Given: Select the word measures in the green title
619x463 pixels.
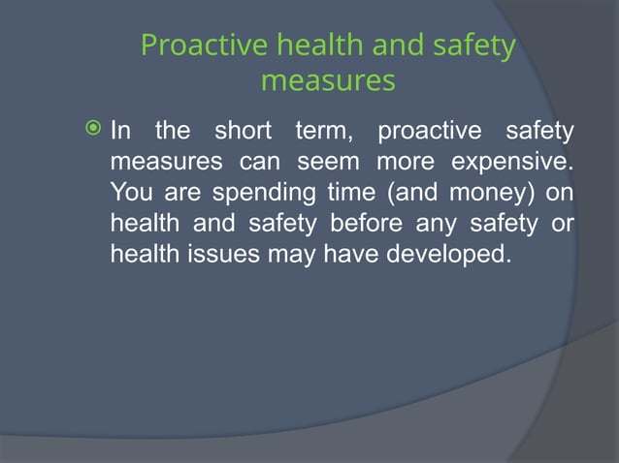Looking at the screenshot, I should coord(328,80).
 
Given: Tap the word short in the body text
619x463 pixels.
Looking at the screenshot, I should coord(244,130).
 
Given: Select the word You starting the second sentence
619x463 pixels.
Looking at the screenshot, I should coord(130,192).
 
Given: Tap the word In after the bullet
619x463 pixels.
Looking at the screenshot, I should coord(121,130).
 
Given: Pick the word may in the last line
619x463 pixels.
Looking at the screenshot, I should coord(295,257).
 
